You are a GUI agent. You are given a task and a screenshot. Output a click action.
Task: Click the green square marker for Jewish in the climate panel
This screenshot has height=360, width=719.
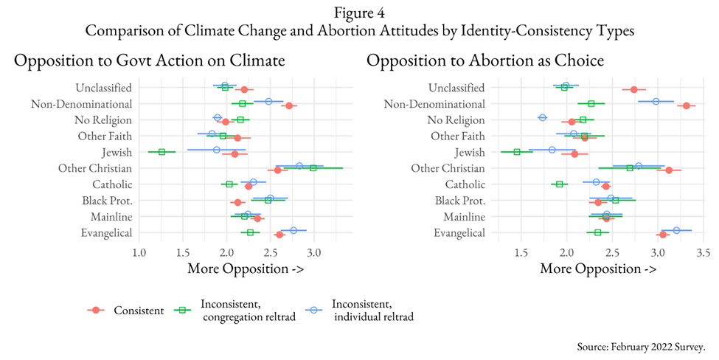click(x=161, y=152)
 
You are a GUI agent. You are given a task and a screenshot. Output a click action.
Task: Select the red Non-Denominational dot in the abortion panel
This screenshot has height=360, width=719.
click(x=687, y=105)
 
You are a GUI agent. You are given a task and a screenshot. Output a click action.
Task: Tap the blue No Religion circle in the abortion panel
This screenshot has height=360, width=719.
click(x=543, y=117)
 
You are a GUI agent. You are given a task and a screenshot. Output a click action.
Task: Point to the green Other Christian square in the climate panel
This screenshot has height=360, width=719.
click(x=313, y=168)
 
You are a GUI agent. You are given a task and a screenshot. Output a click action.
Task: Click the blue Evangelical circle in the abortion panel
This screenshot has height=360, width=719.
click(x=676, y=230)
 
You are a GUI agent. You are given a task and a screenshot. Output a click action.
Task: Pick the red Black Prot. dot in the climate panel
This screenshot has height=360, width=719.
click(x=237, y=202)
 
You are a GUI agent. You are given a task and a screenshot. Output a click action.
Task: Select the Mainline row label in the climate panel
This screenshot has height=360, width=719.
click(x=111, y=216)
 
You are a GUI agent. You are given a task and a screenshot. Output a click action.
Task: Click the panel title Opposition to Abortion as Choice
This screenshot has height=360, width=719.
click(x=486, y=61)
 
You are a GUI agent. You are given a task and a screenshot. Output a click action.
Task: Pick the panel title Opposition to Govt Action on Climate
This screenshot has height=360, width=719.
click(x=150, y=61)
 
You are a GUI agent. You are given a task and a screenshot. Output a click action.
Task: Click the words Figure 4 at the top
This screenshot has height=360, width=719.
click(x=359, y=12)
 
